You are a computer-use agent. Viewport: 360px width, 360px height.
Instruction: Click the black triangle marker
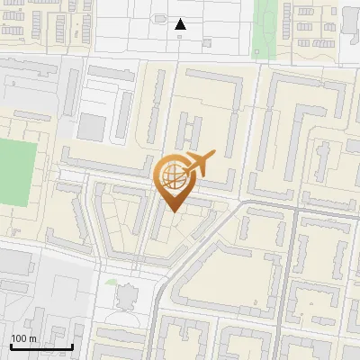point(181,24)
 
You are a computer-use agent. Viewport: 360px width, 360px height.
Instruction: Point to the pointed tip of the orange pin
point(172,211)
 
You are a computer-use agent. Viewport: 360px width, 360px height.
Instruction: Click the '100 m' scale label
point(23,338)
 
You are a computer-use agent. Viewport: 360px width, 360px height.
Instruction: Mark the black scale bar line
point(41,346)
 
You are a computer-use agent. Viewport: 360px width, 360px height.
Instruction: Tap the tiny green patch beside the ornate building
point(110,283)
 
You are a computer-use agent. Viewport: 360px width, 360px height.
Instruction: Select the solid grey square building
point(92,127)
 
